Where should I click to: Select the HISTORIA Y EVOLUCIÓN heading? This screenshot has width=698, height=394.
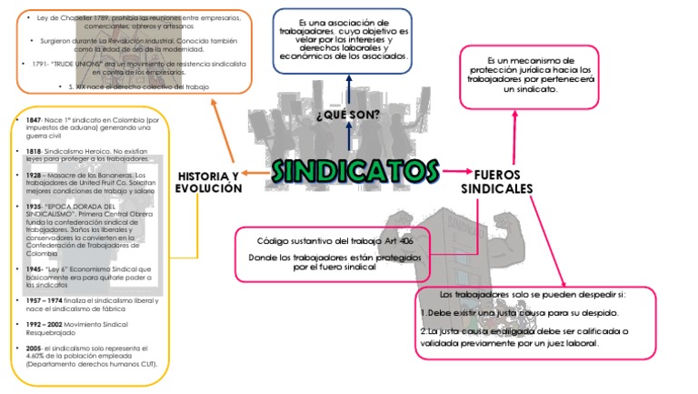[209, 182]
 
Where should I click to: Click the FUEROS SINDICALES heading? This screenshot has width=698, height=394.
[496, 181]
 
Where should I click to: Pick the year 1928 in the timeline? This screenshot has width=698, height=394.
[34, 174]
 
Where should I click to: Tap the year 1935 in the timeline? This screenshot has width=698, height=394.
[34, 207]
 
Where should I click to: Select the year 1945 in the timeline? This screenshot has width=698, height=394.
[34, 269]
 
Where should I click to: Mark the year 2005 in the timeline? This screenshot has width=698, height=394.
[34, 348]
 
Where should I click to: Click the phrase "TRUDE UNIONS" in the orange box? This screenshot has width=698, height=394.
[80, 64]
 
